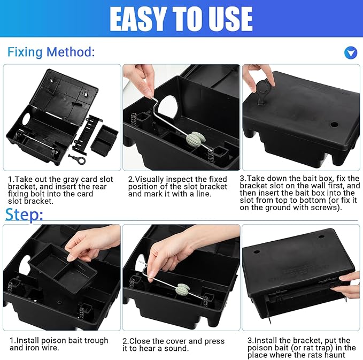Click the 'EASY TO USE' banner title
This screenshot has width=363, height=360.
[181, 19]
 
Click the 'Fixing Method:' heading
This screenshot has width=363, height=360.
[51, 52]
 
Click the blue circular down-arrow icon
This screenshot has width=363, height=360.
[350, 52]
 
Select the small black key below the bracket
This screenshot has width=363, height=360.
[76, 159]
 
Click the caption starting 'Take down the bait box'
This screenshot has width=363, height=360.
[299, 193]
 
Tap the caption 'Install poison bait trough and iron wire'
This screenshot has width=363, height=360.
[58, 344]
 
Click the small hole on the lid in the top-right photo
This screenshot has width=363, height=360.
[334, 124]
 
